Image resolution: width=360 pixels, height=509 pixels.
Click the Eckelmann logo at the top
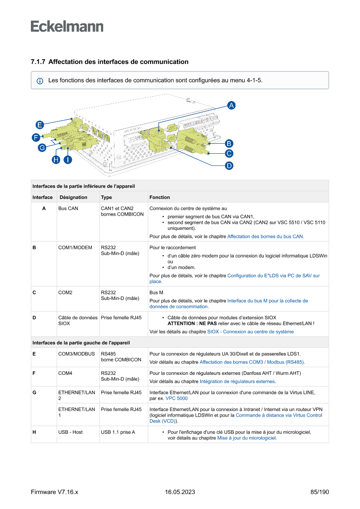(67, 26)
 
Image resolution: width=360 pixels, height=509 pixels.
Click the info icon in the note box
(40, 81)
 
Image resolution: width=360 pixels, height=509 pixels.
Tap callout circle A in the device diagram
(232, 105)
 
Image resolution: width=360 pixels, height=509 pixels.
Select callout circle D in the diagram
(229, 165)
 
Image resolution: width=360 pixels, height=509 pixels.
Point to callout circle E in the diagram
(39, 125)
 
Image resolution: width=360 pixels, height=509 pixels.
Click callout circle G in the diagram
(42, 148)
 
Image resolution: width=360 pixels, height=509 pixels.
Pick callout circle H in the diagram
(56, 160)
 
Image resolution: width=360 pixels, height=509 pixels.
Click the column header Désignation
(73, 197)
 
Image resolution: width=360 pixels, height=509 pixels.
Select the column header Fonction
(159, 197)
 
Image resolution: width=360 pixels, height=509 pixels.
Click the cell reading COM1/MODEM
(75, 247)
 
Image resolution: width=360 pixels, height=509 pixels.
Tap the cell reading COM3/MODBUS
(77, 354)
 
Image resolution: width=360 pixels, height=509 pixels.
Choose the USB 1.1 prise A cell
(118, 432)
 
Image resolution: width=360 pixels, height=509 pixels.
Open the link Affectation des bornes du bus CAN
(266, 236)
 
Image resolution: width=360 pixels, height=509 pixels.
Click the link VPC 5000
(177, 398)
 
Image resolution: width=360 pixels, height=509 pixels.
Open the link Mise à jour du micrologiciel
(247, 438)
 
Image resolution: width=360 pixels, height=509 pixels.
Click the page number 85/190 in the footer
(320, 492)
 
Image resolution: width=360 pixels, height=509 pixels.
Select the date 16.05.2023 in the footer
(180, 492)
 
